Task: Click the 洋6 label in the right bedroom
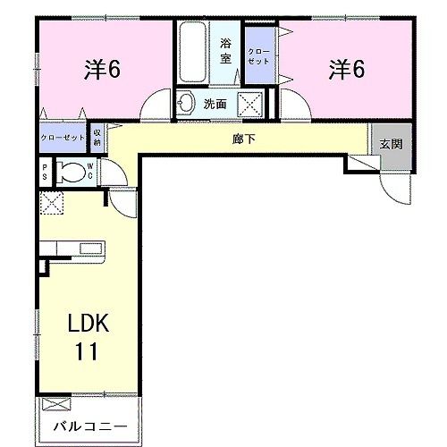pos(346,69)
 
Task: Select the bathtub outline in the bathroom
pos(192,53)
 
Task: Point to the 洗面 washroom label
pos(215,104)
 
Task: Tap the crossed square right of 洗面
pos(249,104)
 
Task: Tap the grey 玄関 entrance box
pos(390,144)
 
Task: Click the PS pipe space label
pos(45,173)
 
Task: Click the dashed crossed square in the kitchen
pos(51,203)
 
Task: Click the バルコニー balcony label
pos(88,426)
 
